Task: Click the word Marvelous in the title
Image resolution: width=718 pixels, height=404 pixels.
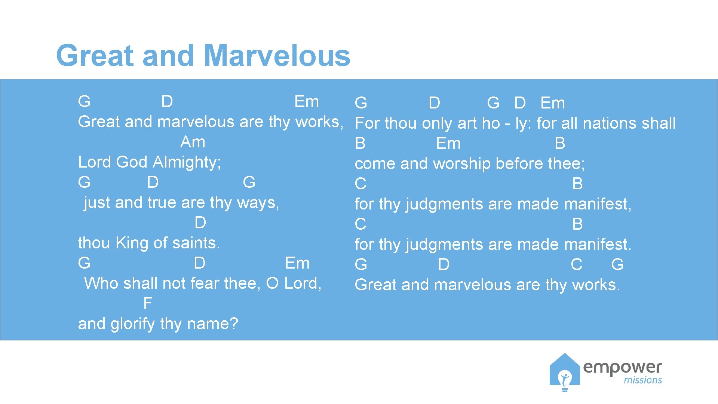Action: pyautogui.click(x=277, y=56)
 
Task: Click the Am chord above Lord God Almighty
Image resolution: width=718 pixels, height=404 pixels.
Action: pyautogui.click(x=193, y=142)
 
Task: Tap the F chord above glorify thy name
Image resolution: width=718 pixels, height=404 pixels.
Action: pyautogui.click(x=147, y=303)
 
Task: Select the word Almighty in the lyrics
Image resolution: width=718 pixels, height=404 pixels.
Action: pyautogui.click(x=187, y=162)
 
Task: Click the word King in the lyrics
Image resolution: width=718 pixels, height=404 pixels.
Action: pyautogui.click(x=132, y=243)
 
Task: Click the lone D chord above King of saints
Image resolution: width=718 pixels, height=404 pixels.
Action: pyautogui.click(x=200, y=223)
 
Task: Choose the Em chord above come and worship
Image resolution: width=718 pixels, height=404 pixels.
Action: pyautogui.click(x=448, y=144)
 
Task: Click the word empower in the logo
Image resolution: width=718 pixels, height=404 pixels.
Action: pyautogui.click(x=622, y=367)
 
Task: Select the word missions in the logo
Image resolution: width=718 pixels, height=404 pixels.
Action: pyautogui.click(x=642, y=380)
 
